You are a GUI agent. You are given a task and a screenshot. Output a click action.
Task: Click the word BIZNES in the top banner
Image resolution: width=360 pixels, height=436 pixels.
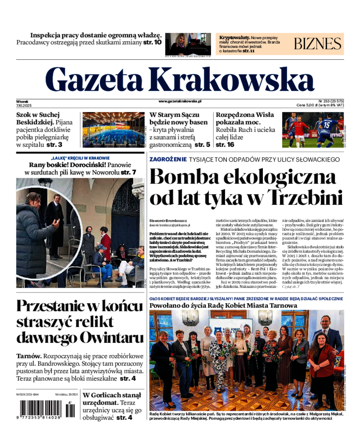click(318, 44)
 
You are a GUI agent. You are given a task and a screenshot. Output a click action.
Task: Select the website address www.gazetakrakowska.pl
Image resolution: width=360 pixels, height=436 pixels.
click(180, 102)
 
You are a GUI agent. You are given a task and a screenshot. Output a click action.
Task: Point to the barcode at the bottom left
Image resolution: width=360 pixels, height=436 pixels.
click(43, 410)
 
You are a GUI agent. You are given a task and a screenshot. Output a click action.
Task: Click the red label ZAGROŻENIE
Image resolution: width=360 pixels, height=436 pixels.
click(168, 159)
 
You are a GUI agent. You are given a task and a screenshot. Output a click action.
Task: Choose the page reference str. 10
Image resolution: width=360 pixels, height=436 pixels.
click(152, 43)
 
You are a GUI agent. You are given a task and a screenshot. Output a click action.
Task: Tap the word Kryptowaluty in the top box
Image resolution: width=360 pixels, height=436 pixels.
click(234, 37)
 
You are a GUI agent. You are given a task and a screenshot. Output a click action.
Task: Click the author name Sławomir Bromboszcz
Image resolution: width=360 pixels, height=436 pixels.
click(169, 220)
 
